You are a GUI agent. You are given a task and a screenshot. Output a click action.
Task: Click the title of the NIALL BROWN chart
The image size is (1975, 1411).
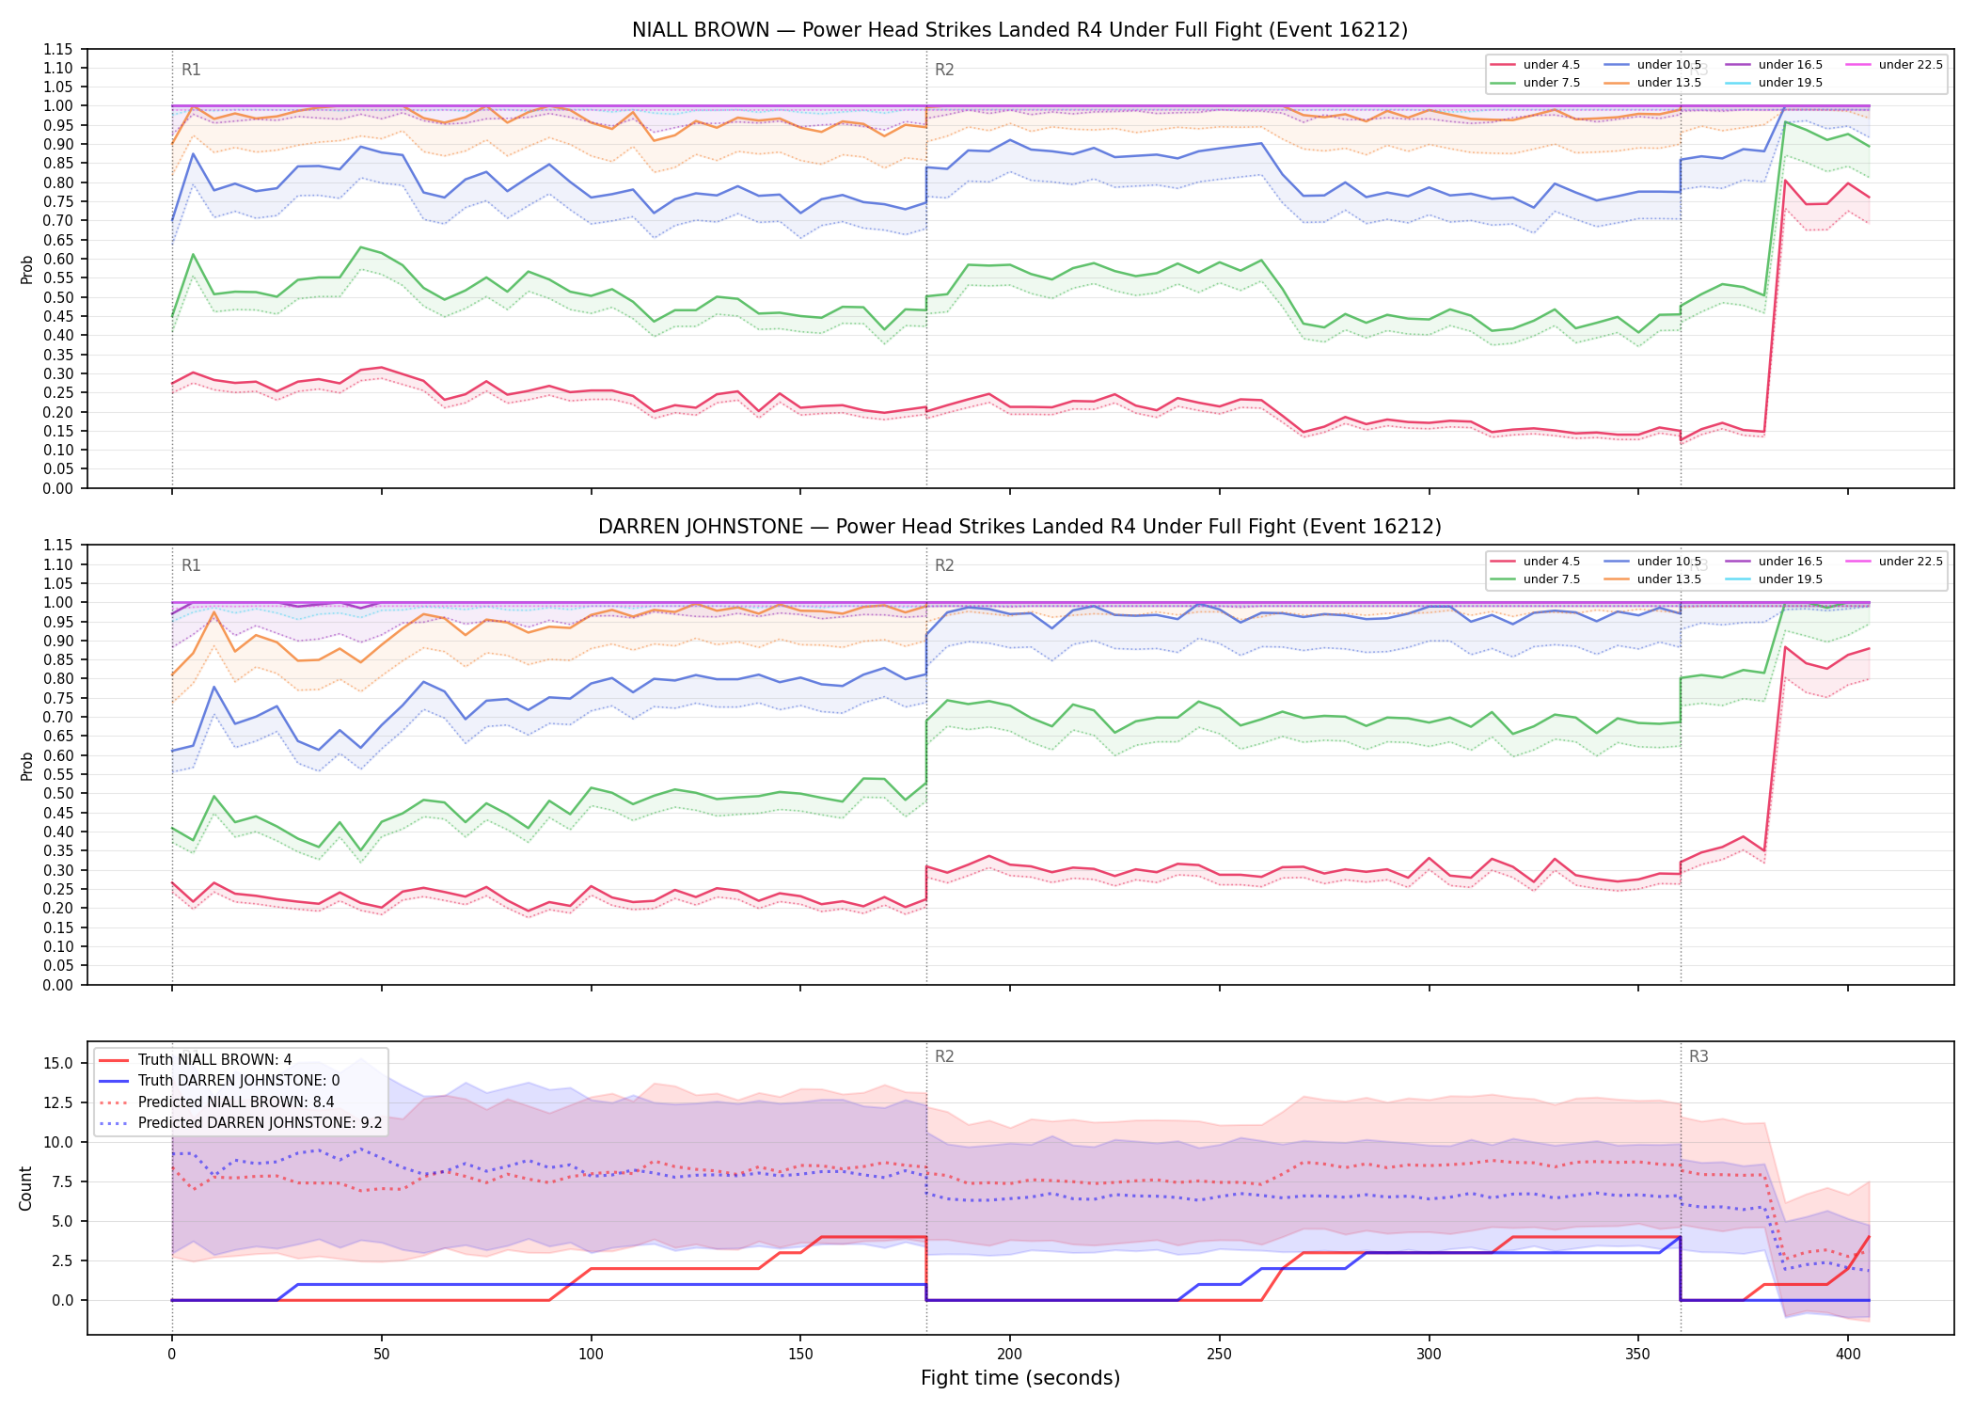[x=1019, y=30]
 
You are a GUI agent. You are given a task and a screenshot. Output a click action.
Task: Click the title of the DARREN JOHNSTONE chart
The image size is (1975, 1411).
[x=1019, y=527]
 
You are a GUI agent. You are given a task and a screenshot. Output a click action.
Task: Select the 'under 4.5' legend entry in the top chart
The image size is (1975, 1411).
[x=1536, y=65]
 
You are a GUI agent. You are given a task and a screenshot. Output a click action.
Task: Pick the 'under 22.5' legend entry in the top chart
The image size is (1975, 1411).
[x=1894, y=65]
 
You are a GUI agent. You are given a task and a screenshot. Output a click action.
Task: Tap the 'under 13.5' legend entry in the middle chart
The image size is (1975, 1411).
[x=1653, y=579]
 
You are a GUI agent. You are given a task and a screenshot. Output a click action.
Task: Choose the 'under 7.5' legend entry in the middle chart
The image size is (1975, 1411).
[x=1536, y=579]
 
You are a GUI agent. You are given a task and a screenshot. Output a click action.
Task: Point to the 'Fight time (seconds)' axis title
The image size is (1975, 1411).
[x=1020, y=1378]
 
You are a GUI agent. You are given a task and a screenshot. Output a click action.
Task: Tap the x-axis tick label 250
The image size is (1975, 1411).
[x=1219, y=1355]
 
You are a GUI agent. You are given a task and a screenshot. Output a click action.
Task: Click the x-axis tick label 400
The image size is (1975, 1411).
[x=1848, y=1355]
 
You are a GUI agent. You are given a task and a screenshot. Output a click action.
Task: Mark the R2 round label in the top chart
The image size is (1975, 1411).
[x=944, y=70]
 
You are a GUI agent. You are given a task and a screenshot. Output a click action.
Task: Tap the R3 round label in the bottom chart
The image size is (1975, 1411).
[x=1698, y=1056]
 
